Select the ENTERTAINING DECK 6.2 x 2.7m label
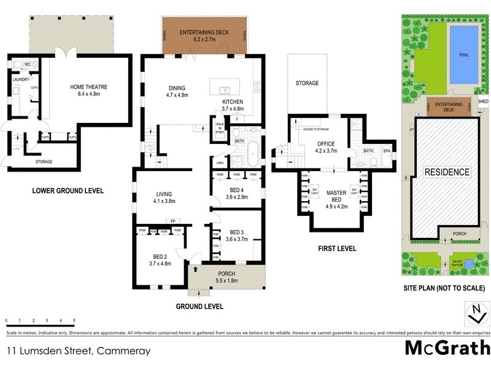pos(203,35)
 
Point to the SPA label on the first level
pos(387,150)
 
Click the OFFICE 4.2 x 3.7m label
pos(327,147)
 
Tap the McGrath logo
pos(447,347)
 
